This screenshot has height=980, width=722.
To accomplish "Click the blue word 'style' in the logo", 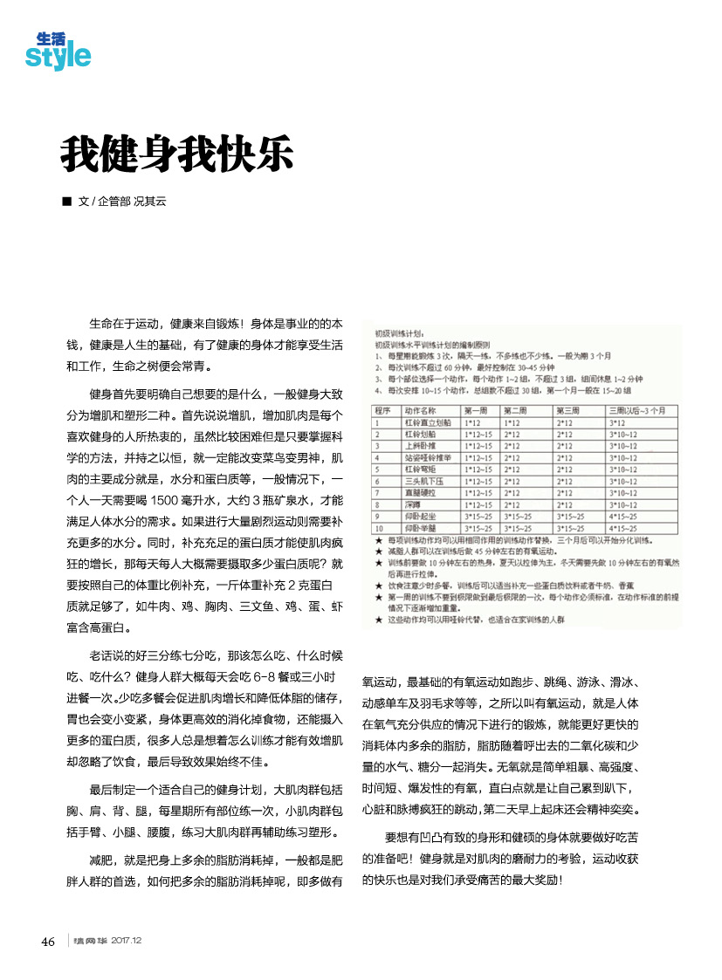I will [x=58, y=57].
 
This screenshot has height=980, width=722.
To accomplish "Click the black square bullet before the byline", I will [x=66, y=202].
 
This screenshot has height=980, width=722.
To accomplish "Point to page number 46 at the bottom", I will [x=48, y=941].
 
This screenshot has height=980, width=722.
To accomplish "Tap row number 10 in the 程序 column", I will [x=380, y=527].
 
